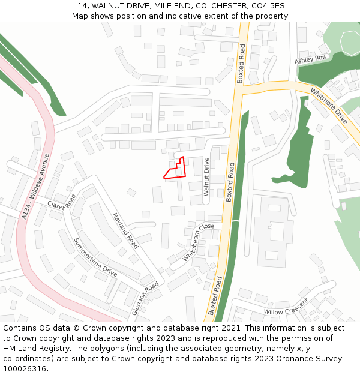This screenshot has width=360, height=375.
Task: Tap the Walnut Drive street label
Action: pos(206,177)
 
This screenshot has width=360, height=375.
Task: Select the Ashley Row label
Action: pos(311,59)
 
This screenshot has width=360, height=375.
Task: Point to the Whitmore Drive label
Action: pos(329,106)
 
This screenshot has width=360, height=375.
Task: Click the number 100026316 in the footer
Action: pos(24,368)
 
